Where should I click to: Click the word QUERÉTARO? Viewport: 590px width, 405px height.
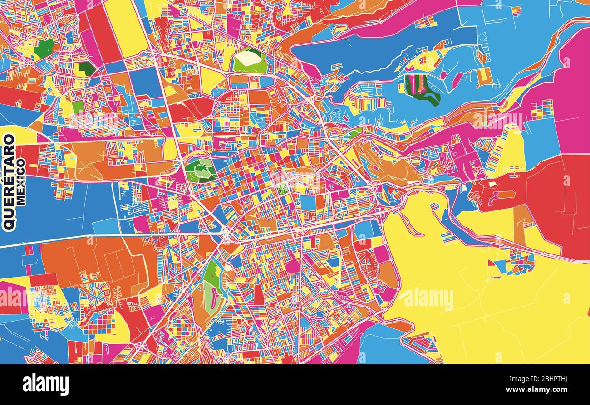[x=9, y=181]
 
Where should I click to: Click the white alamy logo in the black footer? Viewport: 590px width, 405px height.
[x=46, y=385]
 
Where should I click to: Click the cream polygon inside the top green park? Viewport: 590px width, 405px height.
[x=249, y=57]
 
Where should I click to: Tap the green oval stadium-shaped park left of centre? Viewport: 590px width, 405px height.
[x=200, y=170]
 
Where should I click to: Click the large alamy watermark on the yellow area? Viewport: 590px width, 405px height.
[x=428, y=299]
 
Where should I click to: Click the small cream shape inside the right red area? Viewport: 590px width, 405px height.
[x=492, y=184]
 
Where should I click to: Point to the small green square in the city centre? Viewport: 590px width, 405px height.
[x=284, y=188]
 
